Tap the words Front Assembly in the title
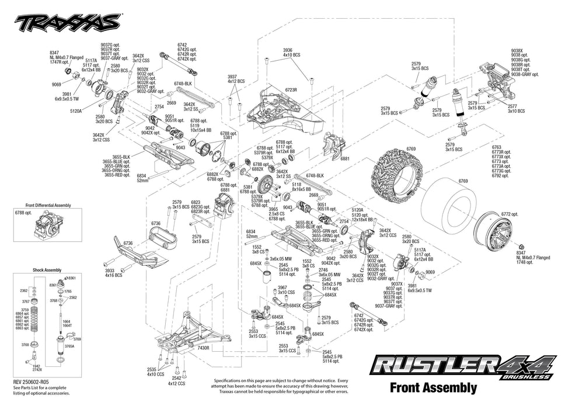(x=433, y=387)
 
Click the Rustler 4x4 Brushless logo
(x=462, y=367)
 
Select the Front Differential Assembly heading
(x=48, y=206)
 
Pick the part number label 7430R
(x=203, y=348)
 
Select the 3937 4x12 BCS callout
(x=236, y=79)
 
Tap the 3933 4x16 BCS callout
(x=113, y=272)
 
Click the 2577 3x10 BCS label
(x=516, y=108)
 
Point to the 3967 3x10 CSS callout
(x=286, y=290)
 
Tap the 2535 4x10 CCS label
(x=155, y=372)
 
